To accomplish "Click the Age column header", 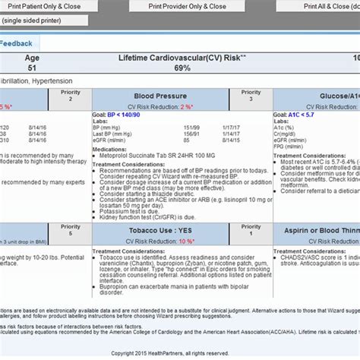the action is coord(33,58).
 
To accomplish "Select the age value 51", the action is coord(33,68).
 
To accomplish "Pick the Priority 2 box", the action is coord(71,96).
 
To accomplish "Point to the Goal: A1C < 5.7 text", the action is coord(301,116).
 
